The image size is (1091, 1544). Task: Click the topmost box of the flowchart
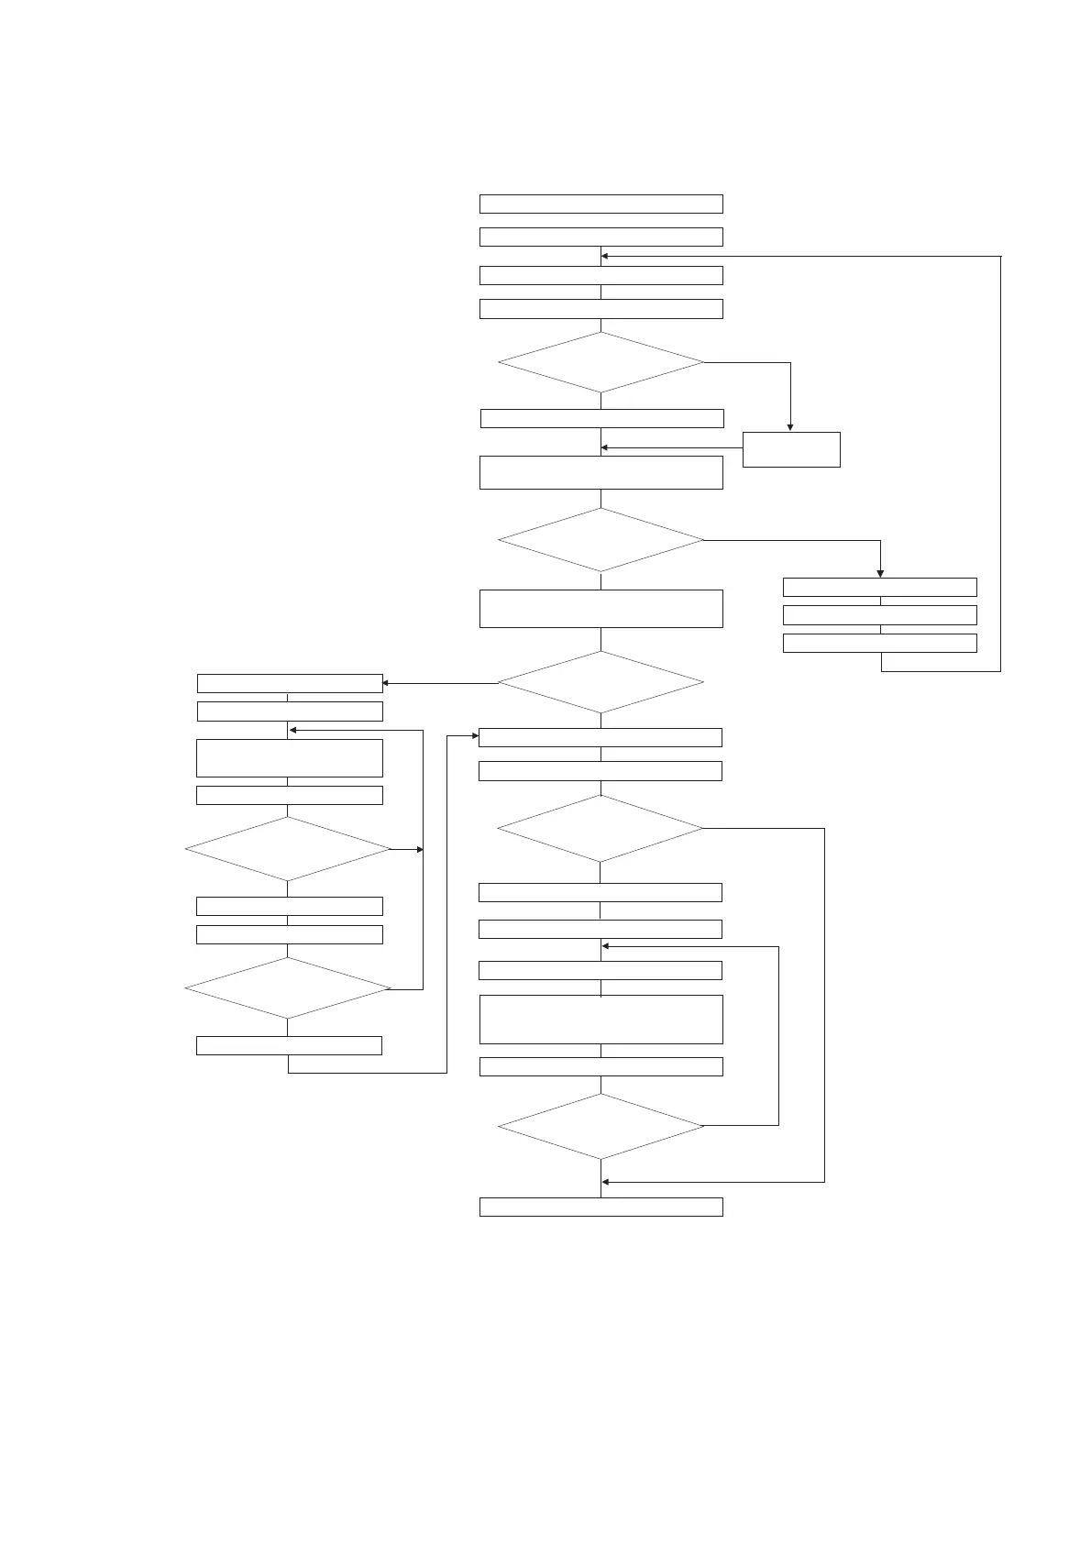tap(601, 204)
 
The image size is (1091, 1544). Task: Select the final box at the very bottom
tap(601, 1207)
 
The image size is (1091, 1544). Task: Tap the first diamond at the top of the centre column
tap(601, 362)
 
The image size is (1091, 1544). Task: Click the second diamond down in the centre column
tap(601, 540)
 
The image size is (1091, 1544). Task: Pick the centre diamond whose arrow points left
tap(601, 682)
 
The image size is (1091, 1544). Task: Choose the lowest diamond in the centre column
tap(601, 1126)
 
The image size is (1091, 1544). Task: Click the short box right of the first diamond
tap(791, 449)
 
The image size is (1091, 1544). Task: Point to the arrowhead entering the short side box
tap(790, 427)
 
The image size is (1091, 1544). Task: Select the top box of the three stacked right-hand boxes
tap(879, 587)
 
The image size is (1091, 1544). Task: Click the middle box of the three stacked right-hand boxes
tap(879, 614)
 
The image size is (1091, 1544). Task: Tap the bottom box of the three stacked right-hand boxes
tap(879, 643)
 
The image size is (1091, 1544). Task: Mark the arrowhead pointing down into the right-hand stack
tap(880, 573)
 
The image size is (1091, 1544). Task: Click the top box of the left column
tap(290, 683)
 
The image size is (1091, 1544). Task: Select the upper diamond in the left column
tap(288, 849)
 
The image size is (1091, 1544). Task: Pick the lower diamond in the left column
tap(288, 988)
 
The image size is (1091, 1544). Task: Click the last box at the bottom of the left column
tap(289, 1045)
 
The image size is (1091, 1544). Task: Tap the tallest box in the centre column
tap(601, 1019)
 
